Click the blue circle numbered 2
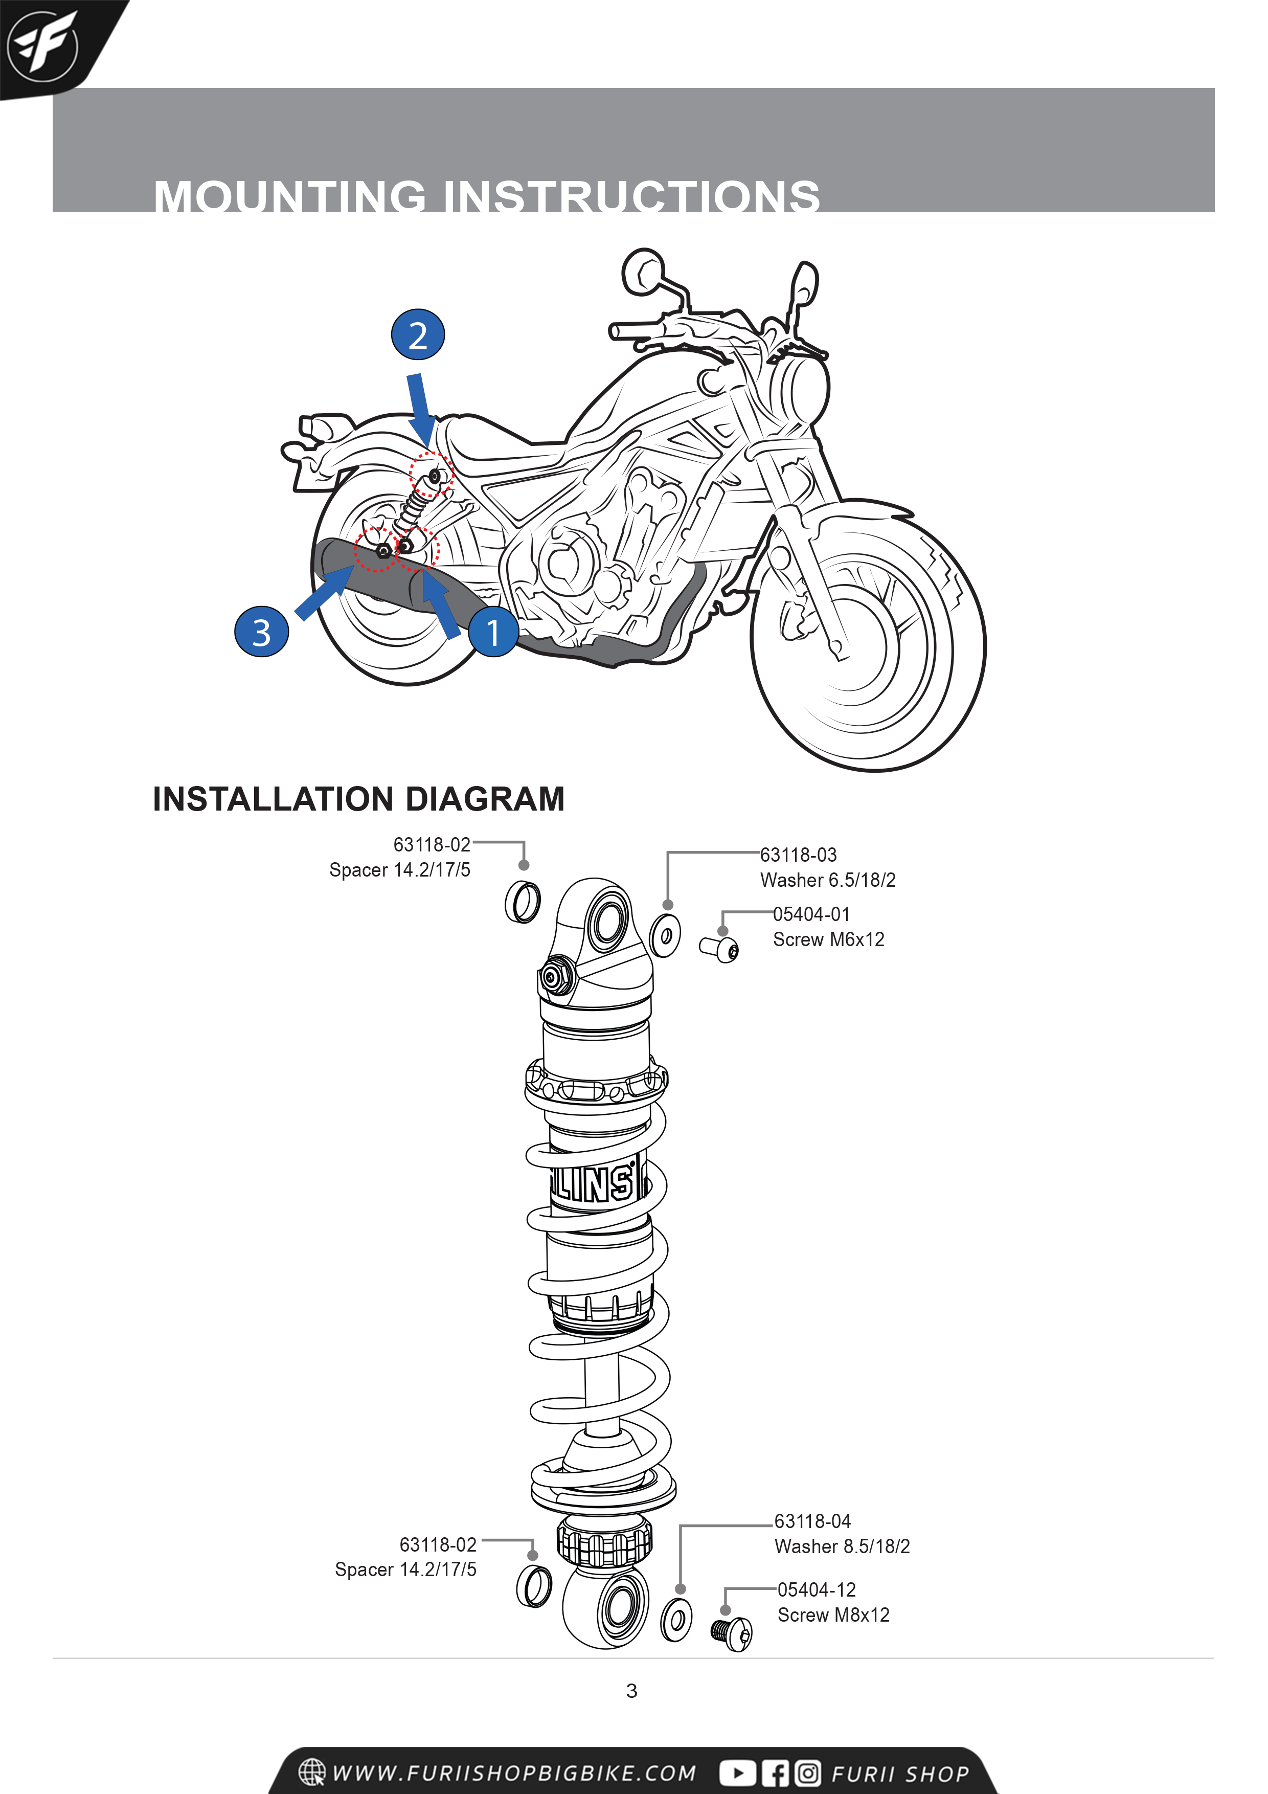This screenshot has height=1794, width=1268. pyautogui.click(x=418, y=335)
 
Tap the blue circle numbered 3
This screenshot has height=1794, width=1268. pyautogui.click(x=262, y=632)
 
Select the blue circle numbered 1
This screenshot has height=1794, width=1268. pyautogui.click(x=493, y=632)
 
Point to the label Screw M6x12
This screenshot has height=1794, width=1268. pyautogui.click(x=828, y=939)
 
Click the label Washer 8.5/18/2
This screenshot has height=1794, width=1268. pyautogui.click(x=842, y=1546)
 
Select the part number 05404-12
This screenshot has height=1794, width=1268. pyautogui.click(x=817, y=1589)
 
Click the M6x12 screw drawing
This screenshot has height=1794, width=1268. pyautogui.click(x=719, y=949)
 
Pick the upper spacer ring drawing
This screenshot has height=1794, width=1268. pyautogui.click(x=523, y=902)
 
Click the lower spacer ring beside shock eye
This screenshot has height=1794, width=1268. pyautogui.click(x=534, y=1587)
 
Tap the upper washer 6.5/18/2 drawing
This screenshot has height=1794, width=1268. pyautogui.click(x=666, y=934)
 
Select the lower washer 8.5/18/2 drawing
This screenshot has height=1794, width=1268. pyautogui.click(x=676, y=1619)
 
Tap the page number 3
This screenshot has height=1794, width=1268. pyautogui.click(x=631, y=1691)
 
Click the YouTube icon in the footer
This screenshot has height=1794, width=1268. pyautogui.click(x=737, y=1774)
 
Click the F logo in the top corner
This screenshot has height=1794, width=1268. pyautogui.click(x=43, y=46)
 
